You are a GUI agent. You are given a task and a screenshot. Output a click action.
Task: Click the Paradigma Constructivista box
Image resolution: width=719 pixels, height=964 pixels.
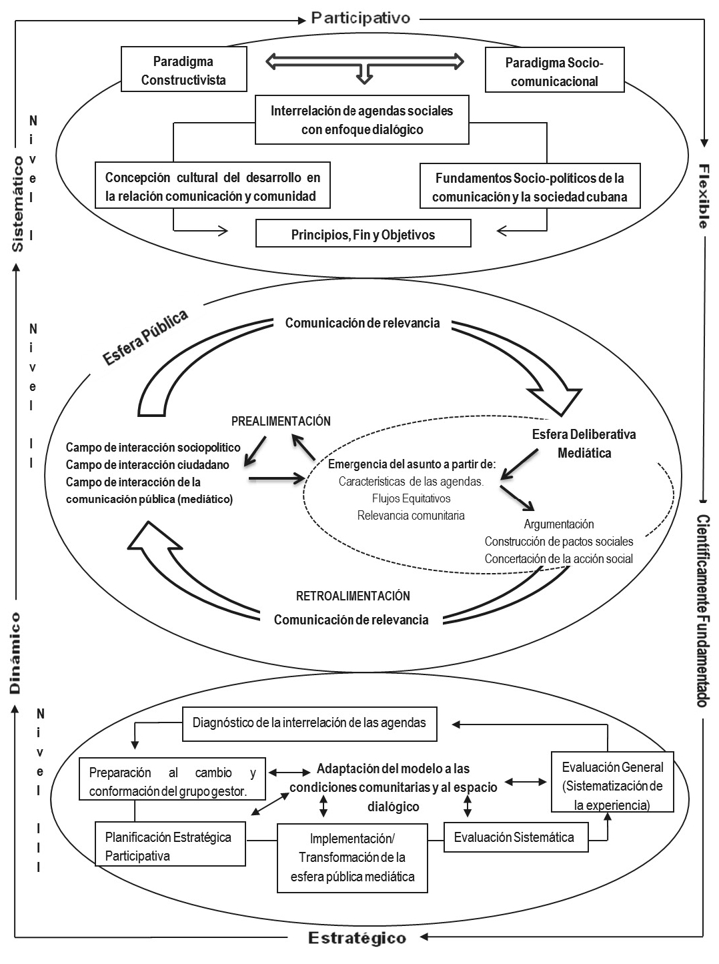click(x=183, y=70)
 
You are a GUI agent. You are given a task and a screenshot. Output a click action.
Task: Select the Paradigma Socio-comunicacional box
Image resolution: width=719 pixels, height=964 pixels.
click(x=554, y=72)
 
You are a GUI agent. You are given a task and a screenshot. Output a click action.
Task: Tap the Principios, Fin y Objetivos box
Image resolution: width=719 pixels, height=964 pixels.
click(x=363, y=234)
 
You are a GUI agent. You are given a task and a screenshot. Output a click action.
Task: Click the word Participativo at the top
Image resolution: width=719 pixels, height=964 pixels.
click(x=360, y=18)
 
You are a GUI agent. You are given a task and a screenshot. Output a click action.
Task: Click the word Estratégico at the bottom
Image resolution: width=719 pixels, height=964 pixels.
click(x=357, y=939)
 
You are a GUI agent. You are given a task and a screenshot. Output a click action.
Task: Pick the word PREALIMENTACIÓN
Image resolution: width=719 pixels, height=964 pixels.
click(x=281, y=421)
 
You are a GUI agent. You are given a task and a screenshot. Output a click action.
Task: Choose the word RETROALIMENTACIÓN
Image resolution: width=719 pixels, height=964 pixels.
click(x=353, y=596)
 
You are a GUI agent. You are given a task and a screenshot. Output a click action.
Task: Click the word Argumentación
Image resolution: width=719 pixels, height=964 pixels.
click(x=559, y=524)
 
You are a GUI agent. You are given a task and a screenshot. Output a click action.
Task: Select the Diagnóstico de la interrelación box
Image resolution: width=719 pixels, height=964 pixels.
click(x=309, y=723)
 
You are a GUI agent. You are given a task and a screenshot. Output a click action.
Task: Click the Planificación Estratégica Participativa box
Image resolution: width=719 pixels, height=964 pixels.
click(x=169, y=846)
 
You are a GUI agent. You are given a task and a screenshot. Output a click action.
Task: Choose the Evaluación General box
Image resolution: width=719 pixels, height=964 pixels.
click(x=612, y=786)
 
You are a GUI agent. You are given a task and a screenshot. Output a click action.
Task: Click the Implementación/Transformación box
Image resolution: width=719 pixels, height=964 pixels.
click(x=352, y=857)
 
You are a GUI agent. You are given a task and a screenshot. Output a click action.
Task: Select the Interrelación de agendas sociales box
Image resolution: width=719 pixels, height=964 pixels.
click(x=362, y=120)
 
